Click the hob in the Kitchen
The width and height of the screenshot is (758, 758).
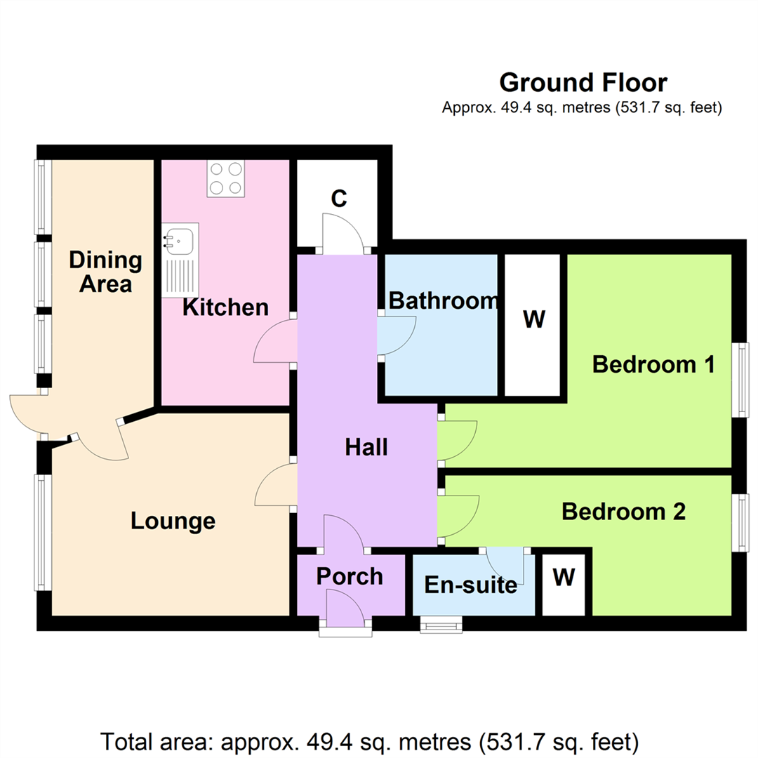[226, 178]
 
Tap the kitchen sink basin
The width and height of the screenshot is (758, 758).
[180, 240]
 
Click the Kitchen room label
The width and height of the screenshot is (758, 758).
[225, 307]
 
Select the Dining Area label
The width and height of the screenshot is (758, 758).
[105, 272]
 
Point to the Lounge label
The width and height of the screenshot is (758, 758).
[173, 521]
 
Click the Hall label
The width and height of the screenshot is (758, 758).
[366, 447]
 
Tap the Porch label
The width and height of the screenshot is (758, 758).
[350, 576]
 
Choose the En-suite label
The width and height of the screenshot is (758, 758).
[471, 585]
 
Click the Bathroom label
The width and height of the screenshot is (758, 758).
[444, 300]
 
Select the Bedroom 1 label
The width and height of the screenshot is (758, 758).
[653, 364]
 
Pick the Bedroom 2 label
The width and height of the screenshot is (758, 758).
[624, 512]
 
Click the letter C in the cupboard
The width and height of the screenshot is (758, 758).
[339, 198]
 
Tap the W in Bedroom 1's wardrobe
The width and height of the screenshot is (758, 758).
[534, 319]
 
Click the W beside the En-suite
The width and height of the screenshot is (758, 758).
[564, 577]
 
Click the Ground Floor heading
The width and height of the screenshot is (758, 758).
[583, 83]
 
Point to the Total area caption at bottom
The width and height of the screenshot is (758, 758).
[370, 742]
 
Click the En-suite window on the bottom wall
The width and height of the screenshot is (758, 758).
[441, 624]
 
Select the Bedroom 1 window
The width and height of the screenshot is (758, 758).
[740, 380]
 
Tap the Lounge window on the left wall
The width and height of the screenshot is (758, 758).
[43, 532]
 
